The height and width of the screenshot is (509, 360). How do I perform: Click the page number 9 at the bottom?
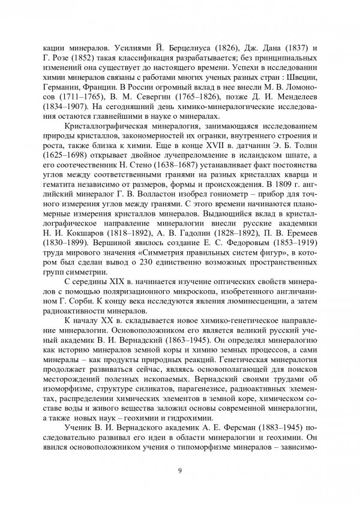click(180, 470)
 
